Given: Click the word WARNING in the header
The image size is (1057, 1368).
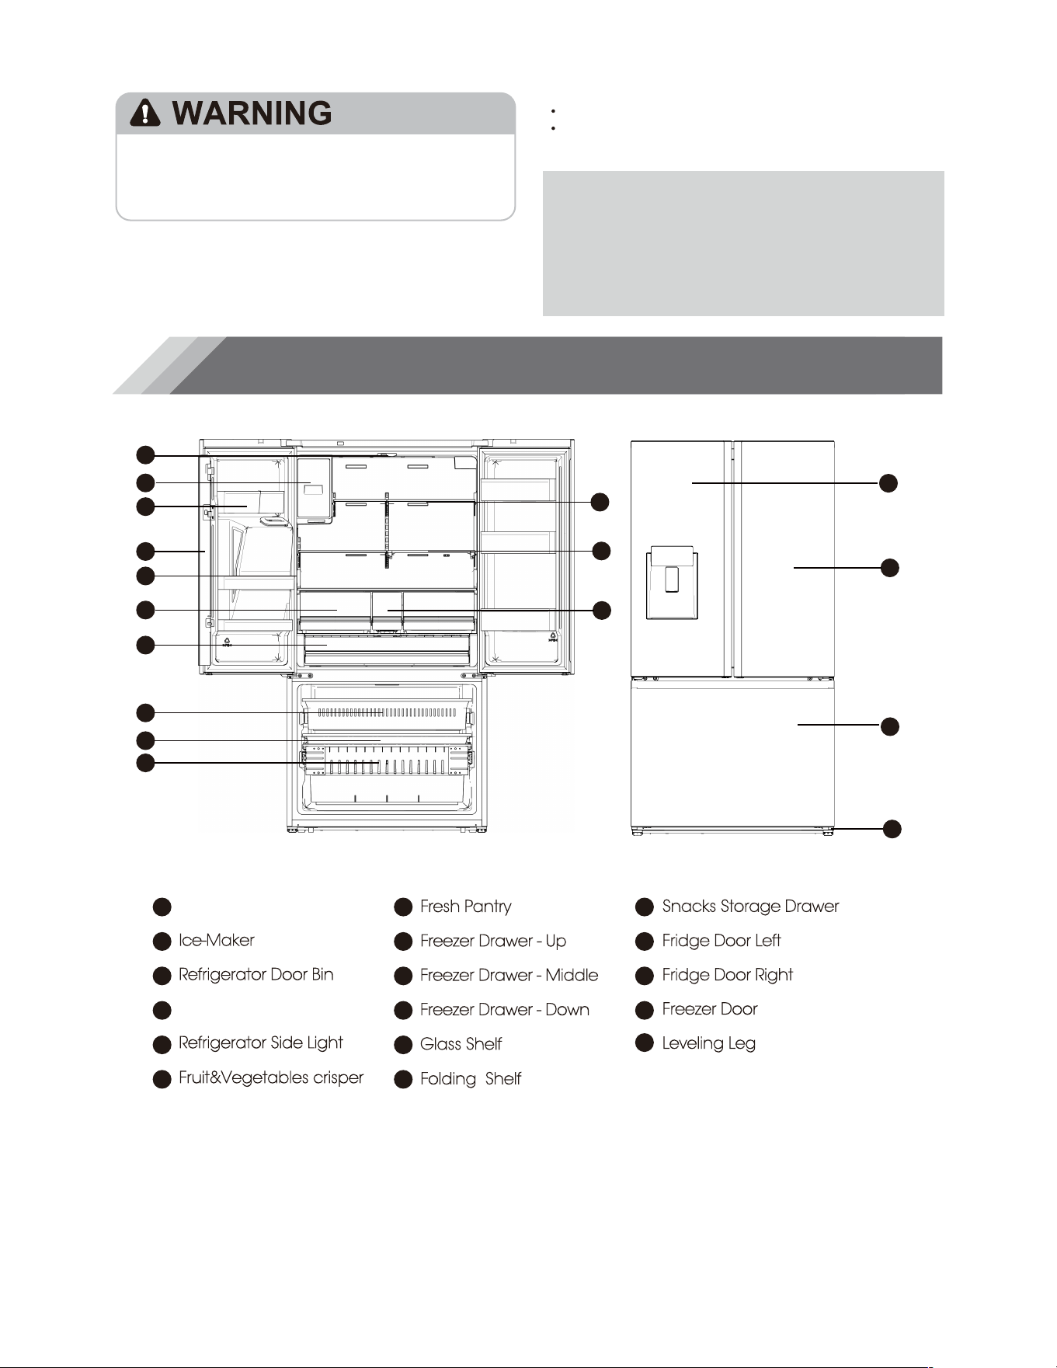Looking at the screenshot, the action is tap(252, 113).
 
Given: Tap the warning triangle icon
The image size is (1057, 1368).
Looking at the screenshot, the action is tap(145, 113).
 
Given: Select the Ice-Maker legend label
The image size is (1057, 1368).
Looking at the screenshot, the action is tap(217, 940).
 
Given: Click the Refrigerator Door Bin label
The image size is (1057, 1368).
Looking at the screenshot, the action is tap(256, 974).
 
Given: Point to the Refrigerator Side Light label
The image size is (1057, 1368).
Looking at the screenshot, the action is tap(261, 1043).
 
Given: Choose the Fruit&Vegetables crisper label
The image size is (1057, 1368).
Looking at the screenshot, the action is tap(271, 1077).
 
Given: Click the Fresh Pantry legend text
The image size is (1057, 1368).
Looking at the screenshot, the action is tap(466, 907).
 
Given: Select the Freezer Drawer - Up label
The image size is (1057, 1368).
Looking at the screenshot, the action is tap(493, 941).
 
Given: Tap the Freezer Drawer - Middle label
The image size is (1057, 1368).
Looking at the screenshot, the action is tap(509, 975).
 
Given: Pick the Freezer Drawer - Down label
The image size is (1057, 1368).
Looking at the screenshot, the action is tap(505, 1009).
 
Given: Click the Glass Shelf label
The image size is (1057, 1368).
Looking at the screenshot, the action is tap(461, 1043).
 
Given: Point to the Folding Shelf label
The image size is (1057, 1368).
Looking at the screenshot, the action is tap(471, 1078).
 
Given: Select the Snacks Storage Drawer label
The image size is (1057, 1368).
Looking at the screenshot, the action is tap(751, 906).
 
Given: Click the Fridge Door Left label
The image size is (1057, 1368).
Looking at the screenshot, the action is tap(721, 940).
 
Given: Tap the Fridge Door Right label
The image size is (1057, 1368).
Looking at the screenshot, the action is tap(728, 975).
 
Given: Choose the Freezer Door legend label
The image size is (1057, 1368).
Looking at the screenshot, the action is tap(710, 1008).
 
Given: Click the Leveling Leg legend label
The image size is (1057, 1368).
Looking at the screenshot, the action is tap(709, 1043).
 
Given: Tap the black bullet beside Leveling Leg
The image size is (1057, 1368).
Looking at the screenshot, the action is tap(645, 1043).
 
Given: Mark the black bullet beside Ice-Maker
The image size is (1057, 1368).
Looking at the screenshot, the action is tap(162, 942).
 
